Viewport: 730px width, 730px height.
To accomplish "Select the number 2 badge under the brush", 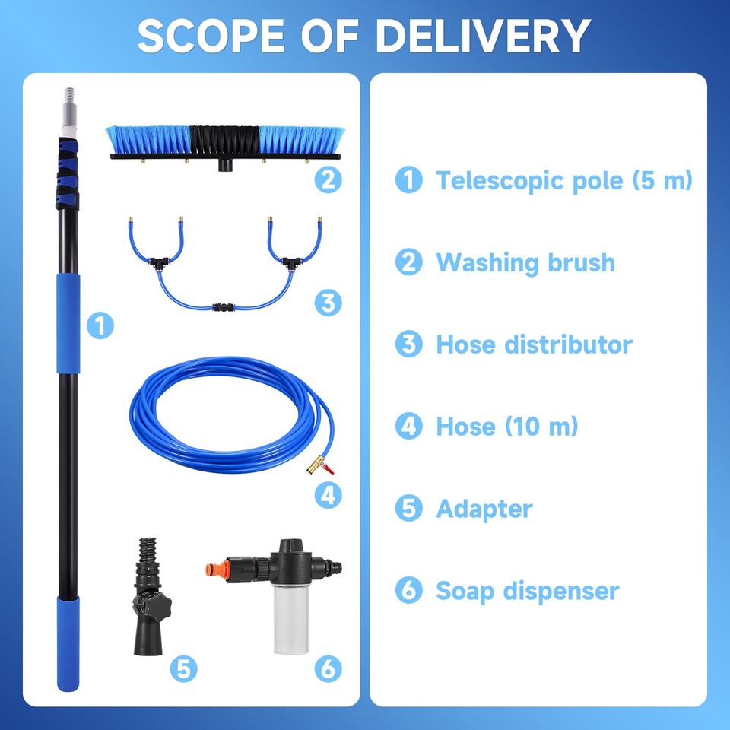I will (328, 179).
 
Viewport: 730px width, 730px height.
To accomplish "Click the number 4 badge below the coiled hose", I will (328, 495).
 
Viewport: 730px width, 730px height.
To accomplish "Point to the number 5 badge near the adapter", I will (183, 668).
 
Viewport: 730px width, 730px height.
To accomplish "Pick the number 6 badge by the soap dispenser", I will (328, 668).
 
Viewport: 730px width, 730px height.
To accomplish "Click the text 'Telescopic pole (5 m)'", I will (563, 181).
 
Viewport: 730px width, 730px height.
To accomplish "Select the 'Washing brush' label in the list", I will (525, 262).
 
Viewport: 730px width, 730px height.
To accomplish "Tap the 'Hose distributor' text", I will (533, 344).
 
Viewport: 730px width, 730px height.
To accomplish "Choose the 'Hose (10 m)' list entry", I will (506, 426).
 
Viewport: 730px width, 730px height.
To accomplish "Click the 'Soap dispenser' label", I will (527, 591).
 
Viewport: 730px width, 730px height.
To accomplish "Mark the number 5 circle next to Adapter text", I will (408, 509).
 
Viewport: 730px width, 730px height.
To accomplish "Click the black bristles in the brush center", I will (224, 140).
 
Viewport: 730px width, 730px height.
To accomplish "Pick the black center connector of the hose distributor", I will (225, 308).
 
